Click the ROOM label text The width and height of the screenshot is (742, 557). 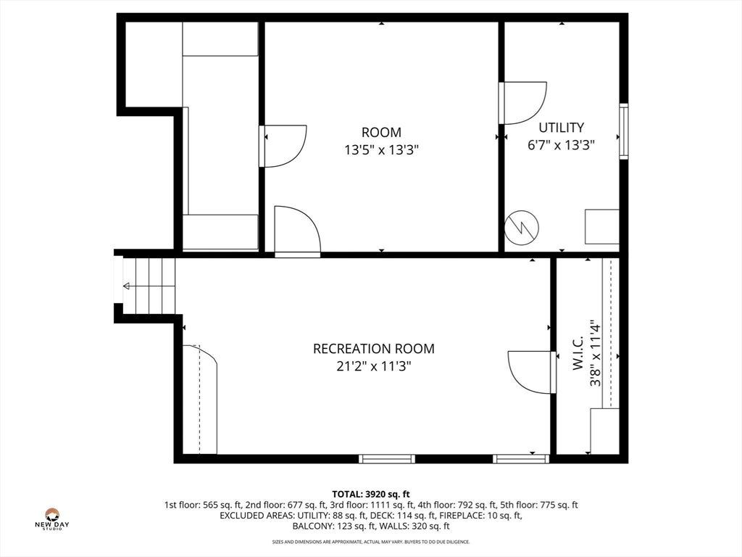pos(381,132)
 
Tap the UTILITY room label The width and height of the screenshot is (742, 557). pos(562,128)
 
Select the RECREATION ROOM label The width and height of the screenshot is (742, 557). pos(374,349)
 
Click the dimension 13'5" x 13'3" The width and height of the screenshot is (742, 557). pos(381,150)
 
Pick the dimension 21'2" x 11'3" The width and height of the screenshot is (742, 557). pos(374,366)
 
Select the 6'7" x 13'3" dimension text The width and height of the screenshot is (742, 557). pos(562,145)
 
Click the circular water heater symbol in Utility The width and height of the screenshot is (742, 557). pos(522,228)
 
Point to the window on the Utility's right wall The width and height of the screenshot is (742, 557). pos(624,131)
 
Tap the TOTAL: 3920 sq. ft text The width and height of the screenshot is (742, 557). pos(371,495)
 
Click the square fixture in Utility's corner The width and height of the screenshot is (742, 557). pos(602,227)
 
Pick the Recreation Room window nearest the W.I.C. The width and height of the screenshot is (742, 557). pos(521,458)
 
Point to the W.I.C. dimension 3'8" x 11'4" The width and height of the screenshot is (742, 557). pos(596,353)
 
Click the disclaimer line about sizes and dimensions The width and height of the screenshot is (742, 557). pos(371,542)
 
